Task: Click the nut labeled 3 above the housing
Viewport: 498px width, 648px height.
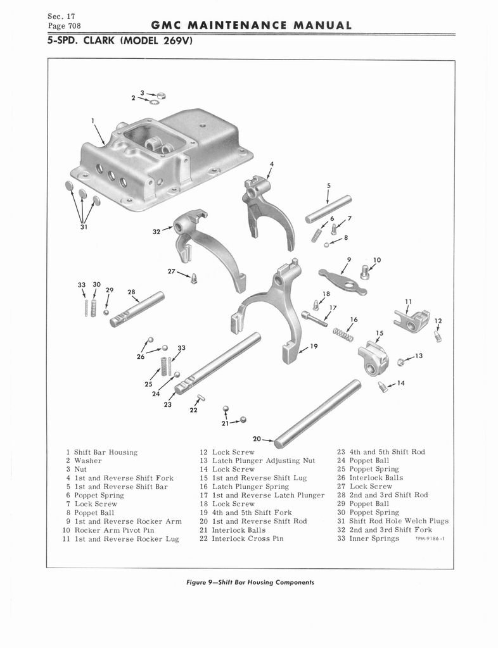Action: pyautogui.click(x=162, y=96)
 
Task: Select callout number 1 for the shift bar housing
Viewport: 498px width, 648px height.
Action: pyautogui.click(x=93, y=121)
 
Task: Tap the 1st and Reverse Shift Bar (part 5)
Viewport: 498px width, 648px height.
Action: pyautogui.click(x=328, y=209)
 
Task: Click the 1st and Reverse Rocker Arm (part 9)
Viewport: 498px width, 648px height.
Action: pyautogui.click(x=343, y=282)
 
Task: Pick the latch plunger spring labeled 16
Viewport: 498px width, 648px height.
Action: pyautogui.click(x=343, y=334)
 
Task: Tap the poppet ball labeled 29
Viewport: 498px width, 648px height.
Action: pyautogui.click(x=106, y=312)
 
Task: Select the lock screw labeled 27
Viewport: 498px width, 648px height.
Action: pyautogui.click(x=194, y=279)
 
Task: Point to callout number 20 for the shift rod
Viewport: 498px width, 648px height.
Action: pyautogui.click(x=257, y=439)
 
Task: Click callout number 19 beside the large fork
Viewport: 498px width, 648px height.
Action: pyautogui.click(x=314, y=346)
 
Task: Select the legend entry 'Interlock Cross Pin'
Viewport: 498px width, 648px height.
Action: pyautogui.click(x=248, y=539)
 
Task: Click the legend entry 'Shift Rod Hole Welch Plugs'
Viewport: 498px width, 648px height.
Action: pyautogui.click(x=399, y=521)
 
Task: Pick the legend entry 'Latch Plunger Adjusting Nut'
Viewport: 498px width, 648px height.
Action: pyautogui.click(x=264, y=461)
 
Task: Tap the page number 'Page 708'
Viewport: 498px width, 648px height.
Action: pyautogui.click(x=64, y=26)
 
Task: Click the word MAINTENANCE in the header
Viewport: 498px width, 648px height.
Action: pyautogui.click(x=237, y=25)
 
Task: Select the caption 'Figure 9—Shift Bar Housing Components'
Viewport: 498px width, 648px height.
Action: pyautogui.click(x=250, y=582)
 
